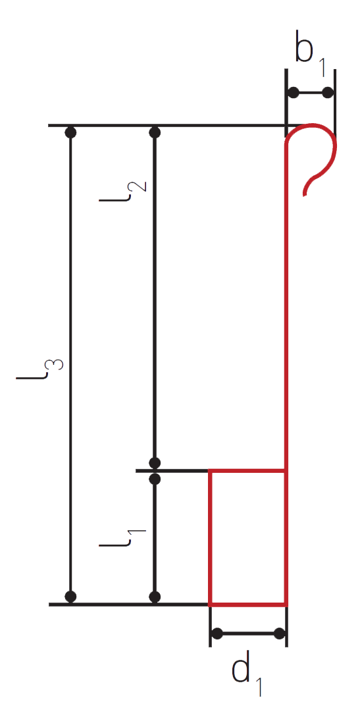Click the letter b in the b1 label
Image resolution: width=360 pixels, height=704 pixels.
[x=304, y=46]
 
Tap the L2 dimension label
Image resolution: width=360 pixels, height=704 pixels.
[x=122, y=191]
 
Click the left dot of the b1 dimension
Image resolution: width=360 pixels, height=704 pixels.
[x=293, y=93]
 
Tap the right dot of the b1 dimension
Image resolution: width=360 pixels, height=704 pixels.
[x=328, y=93]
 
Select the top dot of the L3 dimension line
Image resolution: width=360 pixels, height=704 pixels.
[x=70, y=132]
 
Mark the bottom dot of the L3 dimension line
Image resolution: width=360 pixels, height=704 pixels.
[x=70, y=596]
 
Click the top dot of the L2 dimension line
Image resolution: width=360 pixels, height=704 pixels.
[x=155, y=132]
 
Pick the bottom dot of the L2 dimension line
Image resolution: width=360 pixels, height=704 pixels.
[x=155, y=463]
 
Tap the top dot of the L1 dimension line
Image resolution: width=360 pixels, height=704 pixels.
[x=155, y=479]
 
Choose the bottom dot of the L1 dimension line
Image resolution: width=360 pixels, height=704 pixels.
[x=155, y=597]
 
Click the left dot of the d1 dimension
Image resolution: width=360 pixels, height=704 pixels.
[x=217, y=634]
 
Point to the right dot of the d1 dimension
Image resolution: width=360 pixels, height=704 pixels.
[x=279, y=634]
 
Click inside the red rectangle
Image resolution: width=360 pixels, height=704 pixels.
[x=247, y=538]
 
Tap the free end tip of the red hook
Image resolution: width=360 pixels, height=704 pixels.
[x=305, y=195]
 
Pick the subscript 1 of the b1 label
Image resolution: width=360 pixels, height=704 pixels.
[x=322, y=68]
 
